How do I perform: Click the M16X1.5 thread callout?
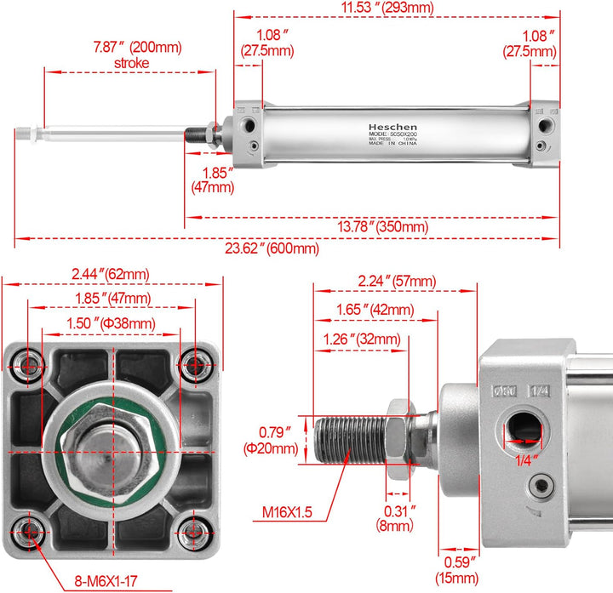tap(288, 511)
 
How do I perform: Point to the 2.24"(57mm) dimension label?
tap(396, 282)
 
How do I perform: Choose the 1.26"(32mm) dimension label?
tap(361, 339)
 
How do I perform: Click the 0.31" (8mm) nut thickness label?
tap(395, 518)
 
